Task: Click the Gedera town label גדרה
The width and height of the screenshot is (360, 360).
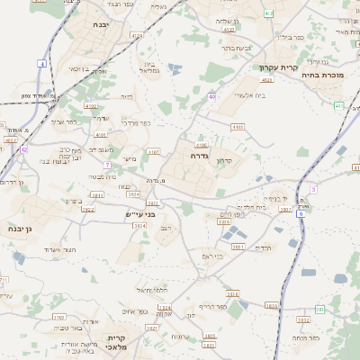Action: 199,156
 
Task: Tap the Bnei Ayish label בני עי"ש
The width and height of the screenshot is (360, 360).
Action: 142,214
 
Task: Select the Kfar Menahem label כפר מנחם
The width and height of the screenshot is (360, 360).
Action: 304,337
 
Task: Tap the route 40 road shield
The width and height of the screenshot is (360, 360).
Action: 211,96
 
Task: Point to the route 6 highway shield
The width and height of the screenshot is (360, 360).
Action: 312,189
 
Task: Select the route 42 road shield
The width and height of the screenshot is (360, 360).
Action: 24,149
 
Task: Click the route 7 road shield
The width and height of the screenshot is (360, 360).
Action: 107,165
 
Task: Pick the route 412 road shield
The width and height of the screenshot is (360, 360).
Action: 269,13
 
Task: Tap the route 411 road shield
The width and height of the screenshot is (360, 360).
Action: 338,105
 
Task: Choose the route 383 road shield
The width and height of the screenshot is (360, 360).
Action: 319,310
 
